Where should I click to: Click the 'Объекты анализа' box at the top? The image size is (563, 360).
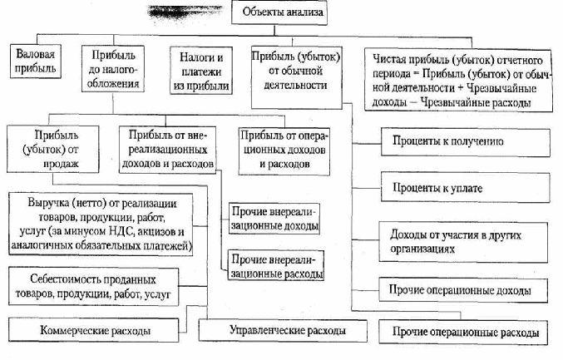281,14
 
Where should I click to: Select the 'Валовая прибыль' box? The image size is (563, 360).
36,63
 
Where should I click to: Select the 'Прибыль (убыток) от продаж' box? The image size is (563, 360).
57,150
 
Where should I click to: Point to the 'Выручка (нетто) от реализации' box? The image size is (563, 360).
107,224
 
